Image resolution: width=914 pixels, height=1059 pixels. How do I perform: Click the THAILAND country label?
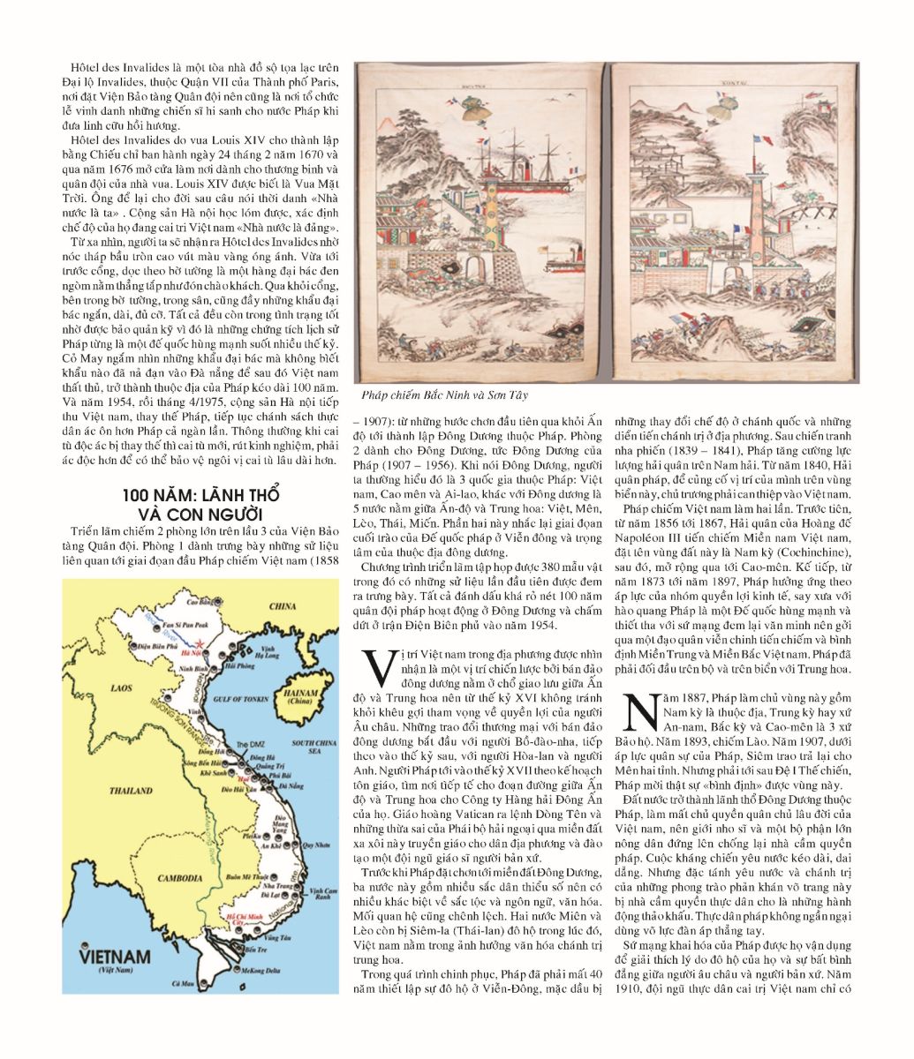point(115,792)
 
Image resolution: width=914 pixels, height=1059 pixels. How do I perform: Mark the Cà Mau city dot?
point(201,983)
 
